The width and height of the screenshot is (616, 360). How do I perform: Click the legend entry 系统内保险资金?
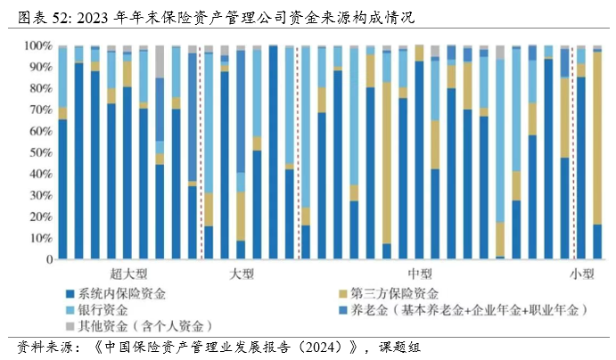point(121,293)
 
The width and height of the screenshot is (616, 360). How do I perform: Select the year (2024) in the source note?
point(326,347)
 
